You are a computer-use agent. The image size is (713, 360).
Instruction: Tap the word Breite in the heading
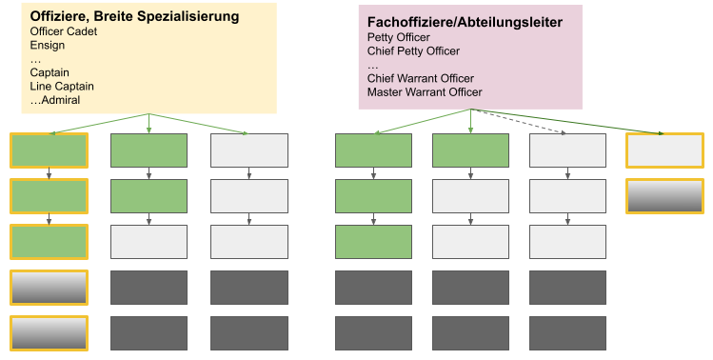point(121,16)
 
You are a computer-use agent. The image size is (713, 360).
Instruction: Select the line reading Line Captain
point(62,86)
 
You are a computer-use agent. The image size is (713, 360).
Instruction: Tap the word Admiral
point(64,100)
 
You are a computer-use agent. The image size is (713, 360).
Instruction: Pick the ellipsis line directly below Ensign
point(35,59)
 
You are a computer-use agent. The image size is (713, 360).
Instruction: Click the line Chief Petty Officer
point(413,50)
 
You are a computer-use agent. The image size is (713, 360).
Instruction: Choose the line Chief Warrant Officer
point(420,78)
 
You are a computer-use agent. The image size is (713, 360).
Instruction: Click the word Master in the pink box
point(386,92)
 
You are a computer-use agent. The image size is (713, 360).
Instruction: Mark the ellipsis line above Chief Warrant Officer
point(372,65)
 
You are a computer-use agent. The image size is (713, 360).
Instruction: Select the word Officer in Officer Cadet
point(50,31)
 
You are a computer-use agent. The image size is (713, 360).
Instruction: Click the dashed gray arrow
point(524,121)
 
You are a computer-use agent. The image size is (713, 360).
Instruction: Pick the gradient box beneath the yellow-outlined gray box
point(664,196)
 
